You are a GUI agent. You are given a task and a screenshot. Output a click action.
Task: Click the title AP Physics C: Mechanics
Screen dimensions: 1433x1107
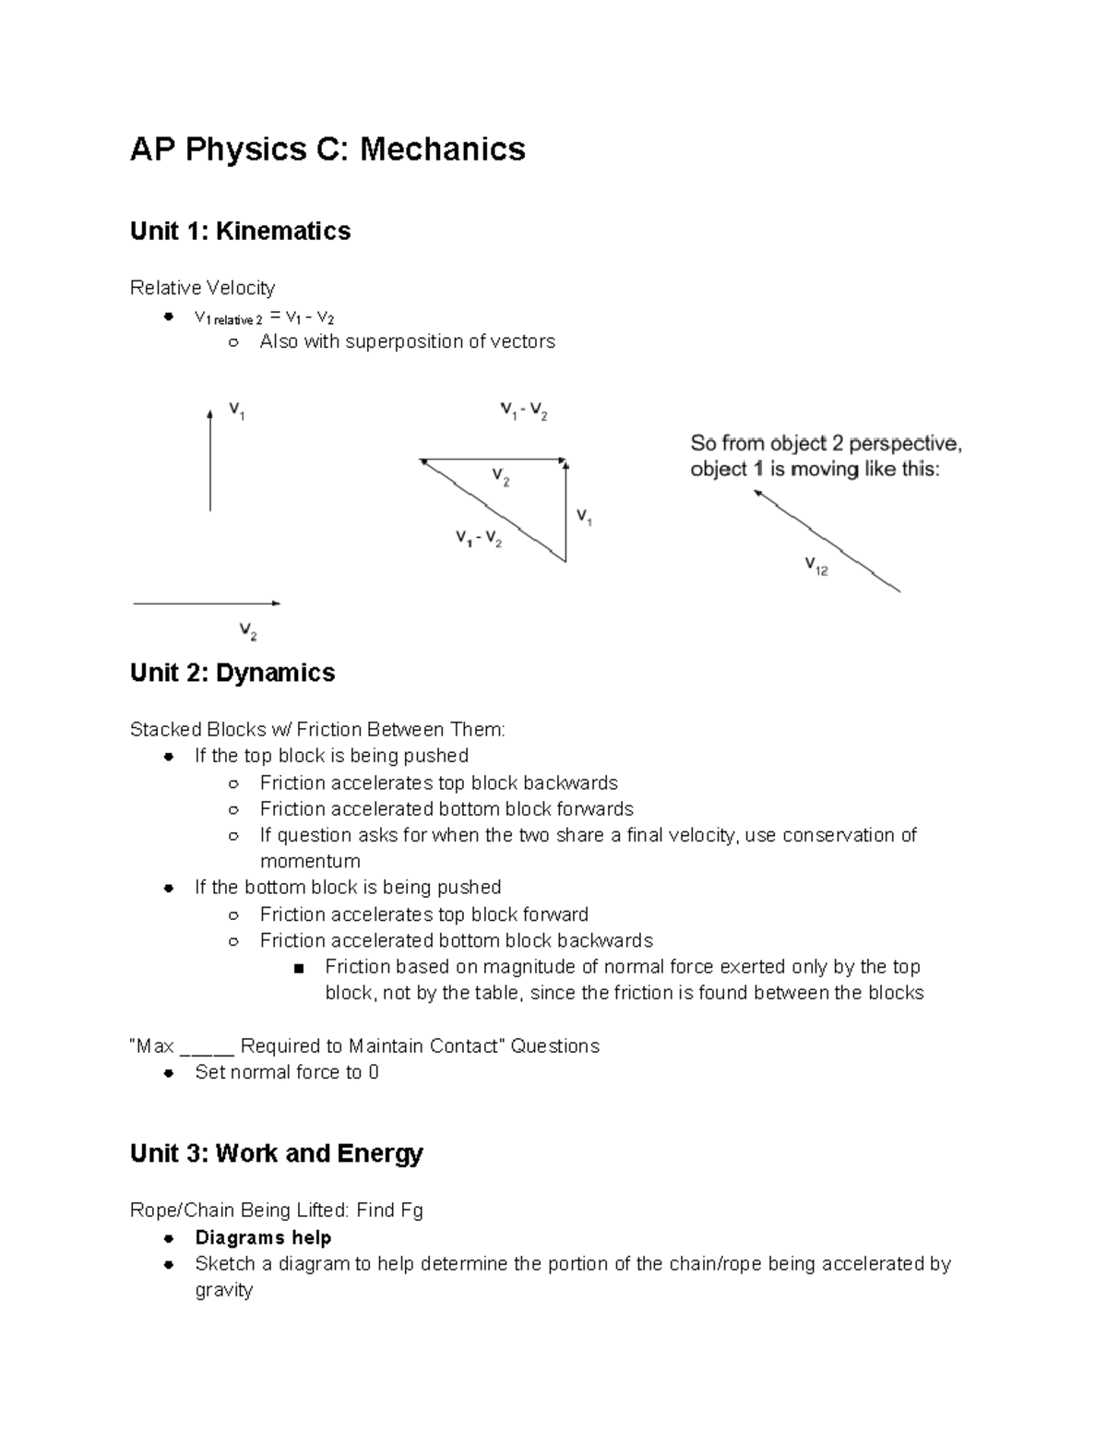[327, 149]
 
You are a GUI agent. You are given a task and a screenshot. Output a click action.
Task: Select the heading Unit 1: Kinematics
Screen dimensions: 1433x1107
[240, 231]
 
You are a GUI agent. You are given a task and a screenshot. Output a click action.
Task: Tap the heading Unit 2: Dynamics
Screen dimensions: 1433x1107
[232, 673]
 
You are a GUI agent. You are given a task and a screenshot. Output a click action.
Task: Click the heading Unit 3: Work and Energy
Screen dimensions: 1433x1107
[276, 1153]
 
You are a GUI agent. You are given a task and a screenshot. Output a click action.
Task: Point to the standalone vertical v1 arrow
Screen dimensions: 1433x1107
[210, 460]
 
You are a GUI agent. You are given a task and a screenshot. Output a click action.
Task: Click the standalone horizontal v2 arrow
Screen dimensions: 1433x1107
[207, 603]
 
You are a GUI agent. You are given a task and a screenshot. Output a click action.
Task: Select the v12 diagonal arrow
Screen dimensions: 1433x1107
[827, 541]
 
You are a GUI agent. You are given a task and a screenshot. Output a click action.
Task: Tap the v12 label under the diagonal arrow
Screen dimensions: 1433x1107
[816, 566]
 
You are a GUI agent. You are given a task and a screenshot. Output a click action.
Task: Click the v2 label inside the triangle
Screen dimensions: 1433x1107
[501, 477]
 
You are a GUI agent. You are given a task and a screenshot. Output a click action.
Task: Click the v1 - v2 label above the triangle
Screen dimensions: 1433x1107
[524, 411]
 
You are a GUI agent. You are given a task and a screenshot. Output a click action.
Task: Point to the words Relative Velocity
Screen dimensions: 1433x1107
[202, 288]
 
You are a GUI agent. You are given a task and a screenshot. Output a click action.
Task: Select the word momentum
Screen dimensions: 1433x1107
[310, 861]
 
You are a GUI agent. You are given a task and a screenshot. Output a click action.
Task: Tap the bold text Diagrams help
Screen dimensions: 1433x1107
[263, 1237]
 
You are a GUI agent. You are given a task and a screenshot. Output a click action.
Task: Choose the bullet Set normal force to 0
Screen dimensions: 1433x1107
[286, 1072]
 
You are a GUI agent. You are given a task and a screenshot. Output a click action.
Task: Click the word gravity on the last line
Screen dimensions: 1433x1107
[223, 1290]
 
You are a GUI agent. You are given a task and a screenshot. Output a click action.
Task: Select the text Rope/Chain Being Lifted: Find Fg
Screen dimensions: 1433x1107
[276, 1210]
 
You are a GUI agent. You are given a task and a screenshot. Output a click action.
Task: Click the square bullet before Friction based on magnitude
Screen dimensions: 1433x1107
[297, 968]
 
